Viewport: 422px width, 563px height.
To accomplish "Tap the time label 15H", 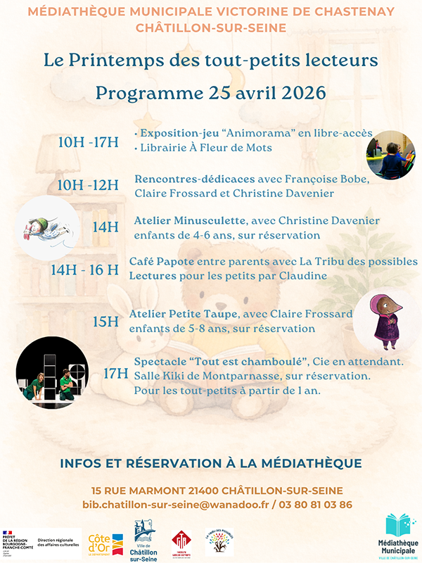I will click(106, 321).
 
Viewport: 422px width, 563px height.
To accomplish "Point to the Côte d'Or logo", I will click(105, 544).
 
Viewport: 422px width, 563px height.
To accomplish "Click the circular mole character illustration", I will click(383, 321).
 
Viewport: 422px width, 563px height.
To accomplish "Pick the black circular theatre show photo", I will click(53, 373).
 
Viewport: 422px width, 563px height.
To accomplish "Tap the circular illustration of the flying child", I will click(45, 227).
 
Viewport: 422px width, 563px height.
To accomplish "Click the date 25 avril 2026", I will click(250, 93).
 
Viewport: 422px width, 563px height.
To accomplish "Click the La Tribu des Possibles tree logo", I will click(219, 543).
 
